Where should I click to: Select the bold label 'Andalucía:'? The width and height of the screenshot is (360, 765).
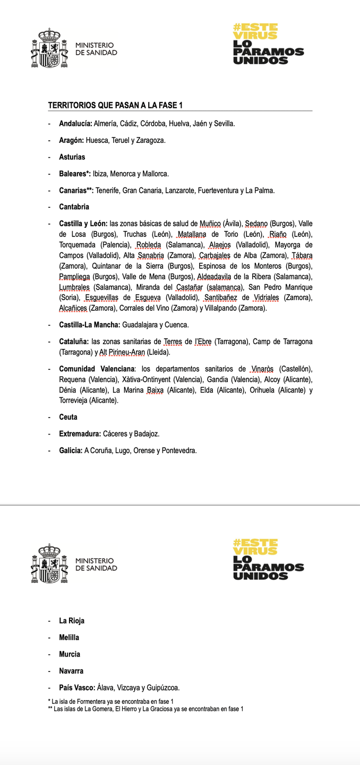[x=75, y=123]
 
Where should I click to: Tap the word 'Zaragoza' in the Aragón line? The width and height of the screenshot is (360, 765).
[x=151, y=140]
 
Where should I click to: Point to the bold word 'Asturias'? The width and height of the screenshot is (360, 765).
[x=72, y=157]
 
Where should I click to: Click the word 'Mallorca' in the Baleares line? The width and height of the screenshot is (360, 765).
[x=155, y=174]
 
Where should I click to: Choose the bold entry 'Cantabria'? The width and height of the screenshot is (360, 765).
[x=74, y=207]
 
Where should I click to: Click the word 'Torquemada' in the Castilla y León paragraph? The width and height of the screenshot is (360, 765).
[x=76, y=245]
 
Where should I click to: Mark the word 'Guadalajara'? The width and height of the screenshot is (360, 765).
[x=140, y=325]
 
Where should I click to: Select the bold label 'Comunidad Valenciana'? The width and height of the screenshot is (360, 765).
[x=96, y=369]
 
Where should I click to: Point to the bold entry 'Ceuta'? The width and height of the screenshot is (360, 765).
[x=68, y=417]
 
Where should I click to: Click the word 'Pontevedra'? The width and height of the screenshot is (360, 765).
[x=179, y=450]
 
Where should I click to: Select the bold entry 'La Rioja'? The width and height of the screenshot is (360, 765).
[x=72, y=620]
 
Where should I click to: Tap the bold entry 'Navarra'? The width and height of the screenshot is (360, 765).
[x=71, y=671]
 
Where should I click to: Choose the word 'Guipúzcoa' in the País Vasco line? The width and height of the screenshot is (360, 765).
[x=162, y=687]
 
